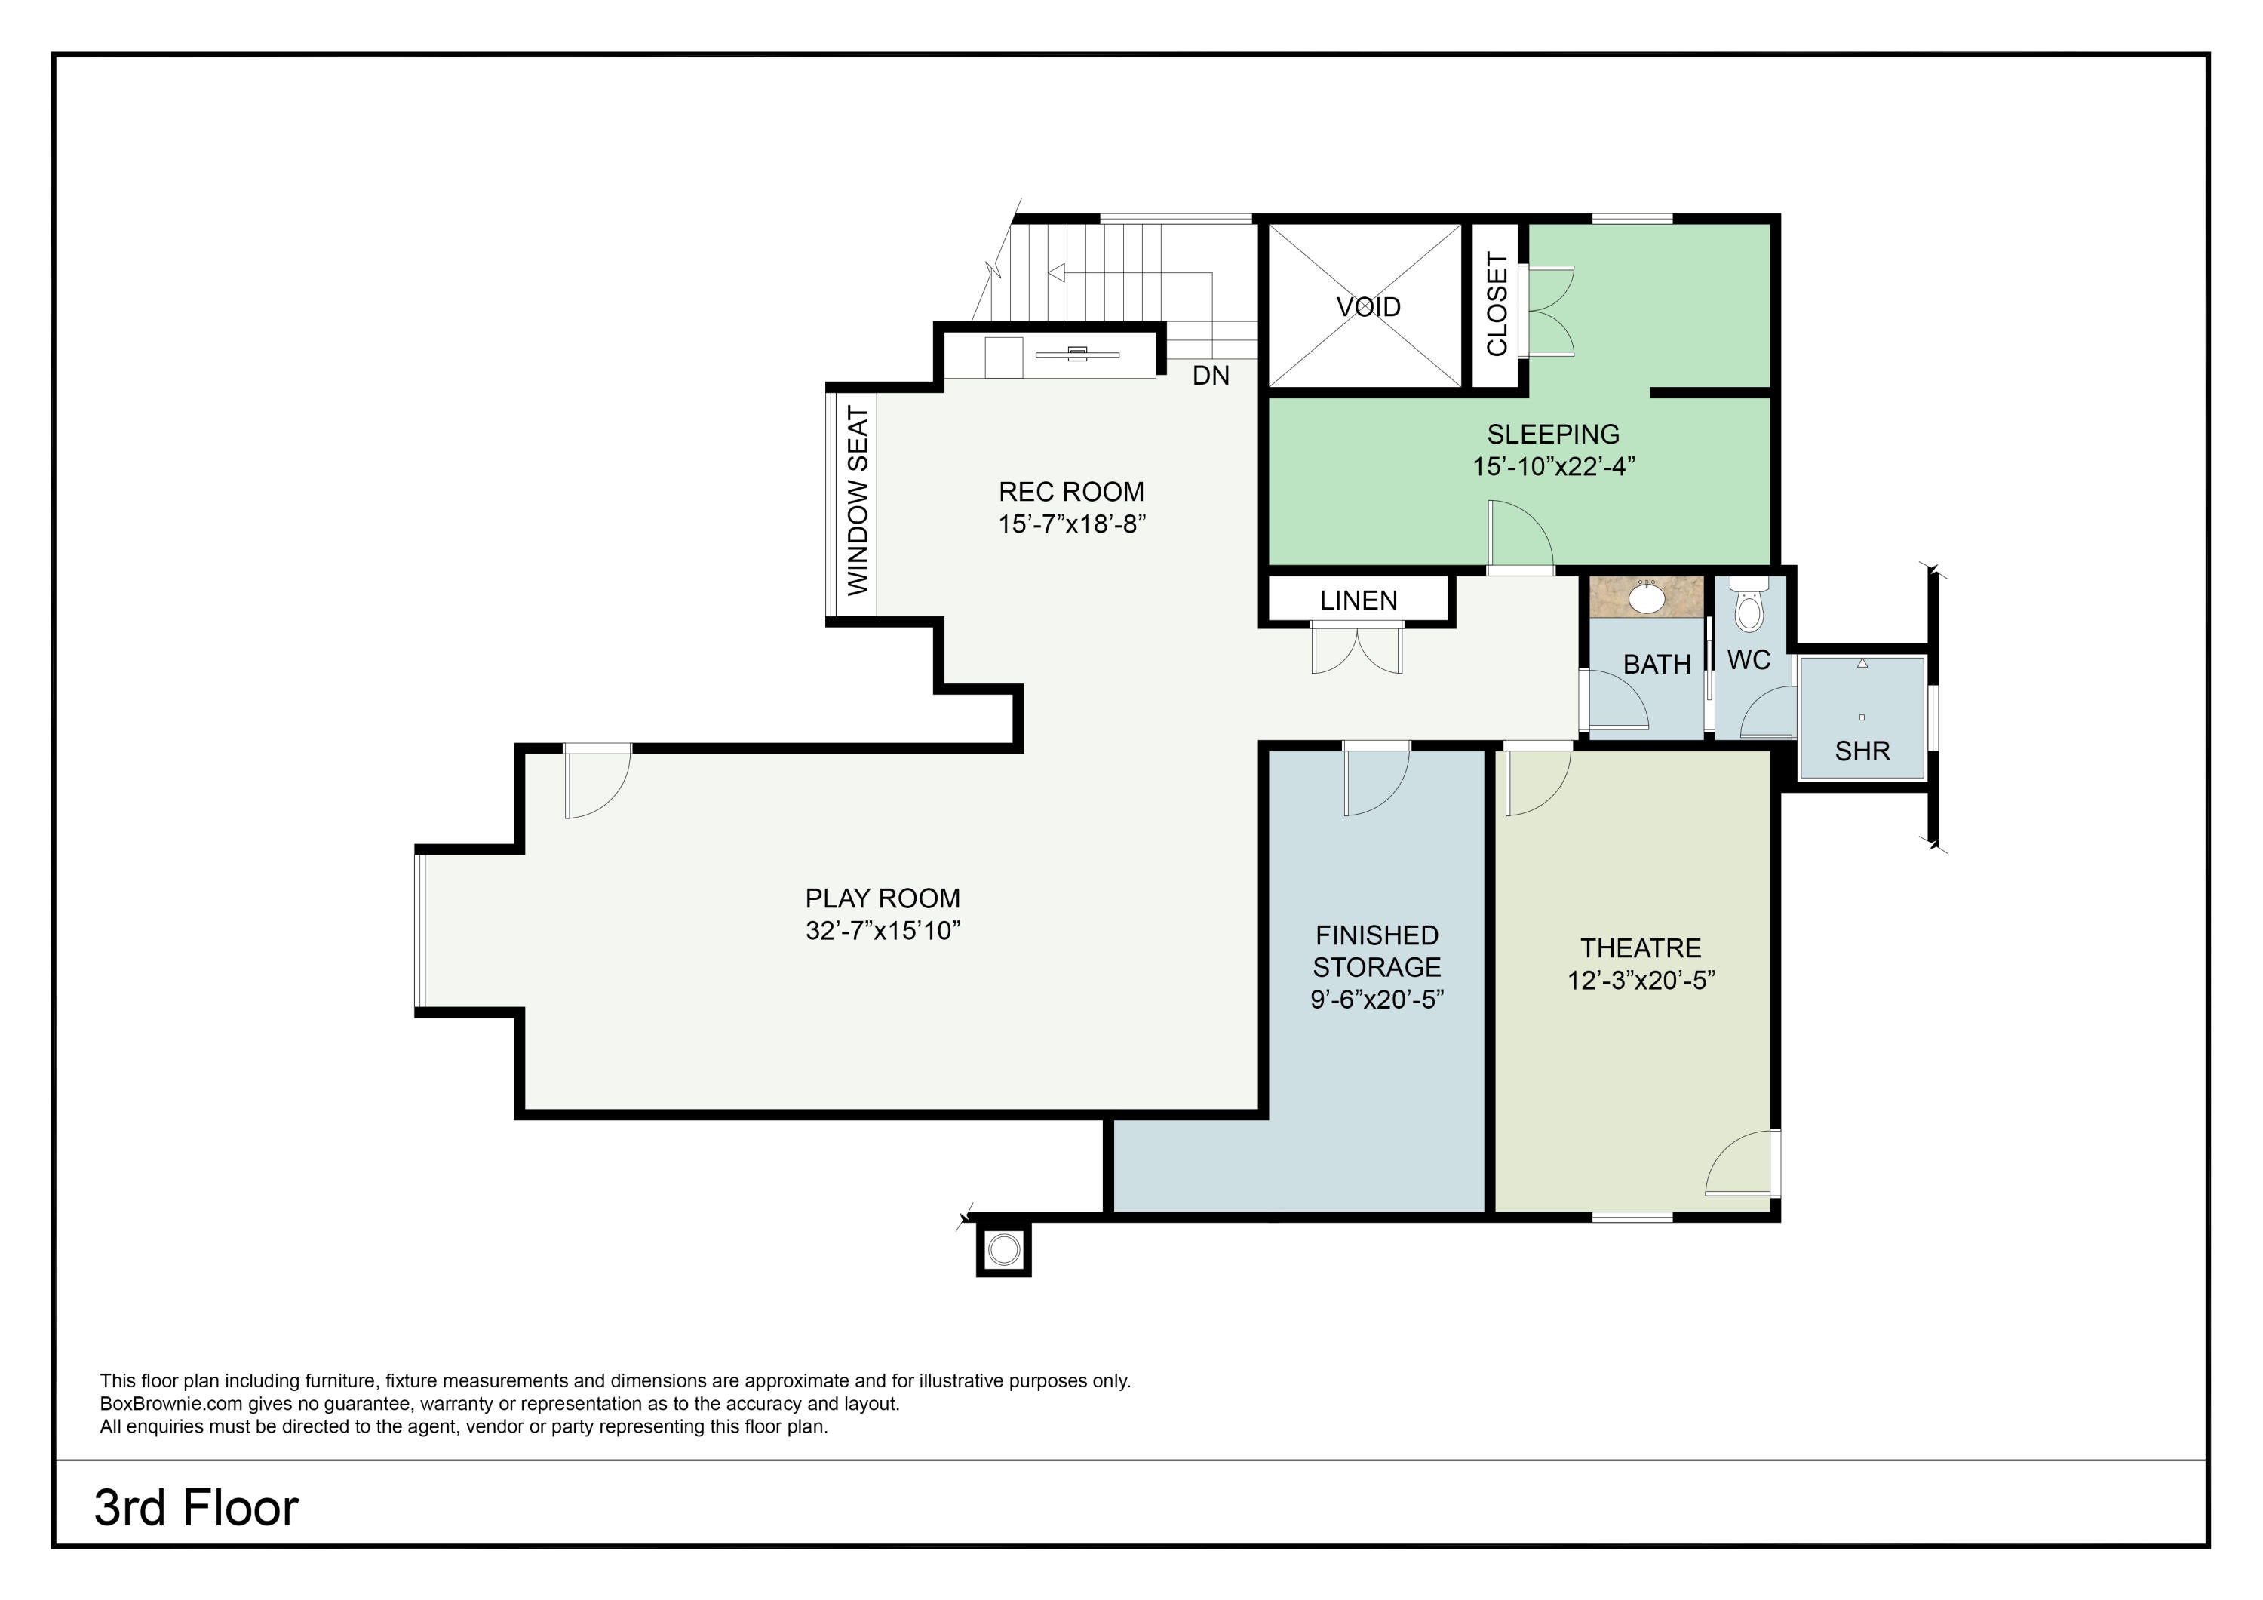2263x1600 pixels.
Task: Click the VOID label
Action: click(x=1368, y=306)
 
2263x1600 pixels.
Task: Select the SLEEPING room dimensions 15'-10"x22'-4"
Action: click(x=1553, y=466)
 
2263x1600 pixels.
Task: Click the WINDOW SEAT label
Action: click(x=858, y=500)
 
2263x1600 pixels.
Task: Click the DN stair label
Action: click(x=1211, y=376)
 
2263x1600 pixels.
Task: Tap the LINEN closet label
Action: click(x=1359, y=600)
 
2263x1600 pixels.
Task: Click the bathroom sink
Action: click(x=1646, y=597)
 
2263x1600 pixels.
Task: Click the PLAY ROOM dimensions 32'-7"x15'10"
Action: click(x=883, y=931)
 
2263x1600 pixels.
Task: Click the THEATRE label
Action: click(x=1641, y=948)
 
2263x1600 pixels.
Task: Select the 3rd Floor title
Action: click(x=196, y=1507)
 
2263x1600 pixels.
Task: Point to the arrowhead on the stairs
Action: click(x=1057, y=273)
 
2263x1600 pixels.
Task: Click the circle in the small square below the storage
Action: click(x=1003, y=1250)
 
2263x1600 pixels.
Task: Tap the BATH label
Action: click(x=1657, y=665)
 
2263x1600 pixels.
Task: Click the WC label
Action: click(x=1749, y=659)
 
